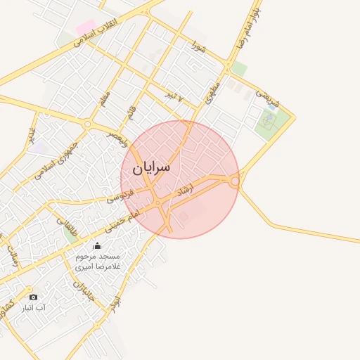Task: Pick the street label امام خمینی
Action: (124, 219)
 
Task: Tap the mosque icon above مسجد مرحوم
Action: (97, 245)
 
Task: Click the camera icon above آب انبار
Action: (32, 296)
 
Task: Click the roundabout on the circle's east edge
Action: (236, 182)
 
